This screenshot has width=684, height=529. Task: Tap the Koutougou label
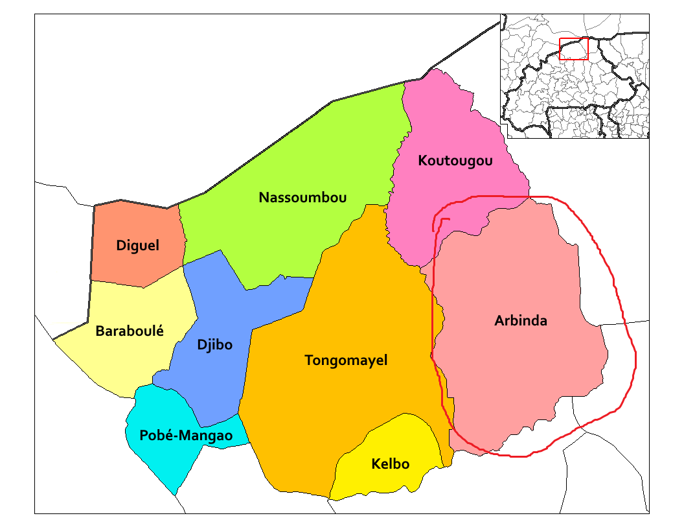455,160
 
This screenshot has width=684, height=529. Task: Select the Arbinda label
520,320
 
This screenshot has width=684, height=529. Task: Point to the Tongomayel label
346,360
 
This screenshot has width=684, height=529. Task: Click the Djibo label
214,344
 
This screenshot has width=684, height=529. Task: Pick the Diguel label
137,246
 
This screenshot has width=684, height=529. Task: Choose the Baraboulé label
130,331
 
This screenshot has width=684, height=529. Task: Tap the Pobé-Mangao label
186,436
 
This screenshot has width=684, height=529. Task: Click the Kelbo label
390,464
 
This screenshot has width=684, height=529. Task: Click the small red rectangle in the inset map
573,49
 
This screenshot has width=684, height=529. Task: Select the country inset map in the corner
575,76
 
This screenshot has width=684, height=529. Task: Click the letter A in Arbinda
499,320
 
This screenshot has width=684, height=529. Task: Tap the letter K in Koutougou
422,160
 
